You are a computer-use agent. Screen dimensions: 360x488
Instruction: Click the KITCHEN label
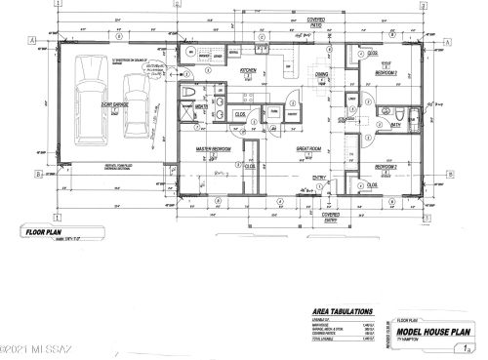[x=249, y=71]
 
